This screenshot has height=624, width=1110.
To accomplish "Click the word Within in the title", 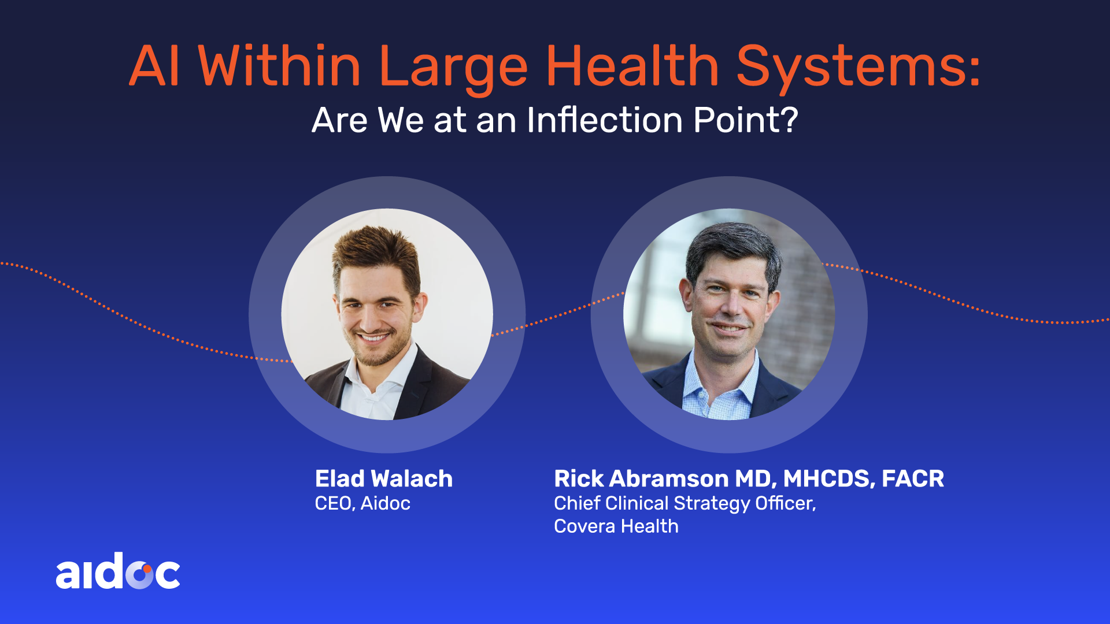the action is point(280,66).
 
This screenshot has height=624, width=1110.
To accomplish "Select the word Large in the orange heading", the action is point(453,70).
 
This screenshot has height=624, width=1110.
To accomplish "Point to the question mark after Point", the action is point(788,120).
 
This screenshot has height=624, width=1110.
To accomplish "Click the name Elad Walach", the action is point(384,478).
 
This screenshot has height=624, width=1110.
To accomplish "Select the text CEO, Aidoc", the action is point(362,503).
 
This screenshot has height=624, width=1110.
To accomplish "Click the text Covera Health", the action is point(616,526).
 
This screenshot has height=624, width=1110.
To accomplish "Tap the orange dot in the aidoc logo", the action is point(147,569).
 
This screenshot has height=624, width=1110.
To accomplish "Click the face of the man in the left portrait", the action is point(376,315).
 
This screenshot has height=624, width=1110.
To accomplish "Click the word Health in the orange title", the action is point(632,66).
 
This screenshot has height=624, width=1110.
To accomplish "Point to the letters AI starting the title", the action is point(154,66).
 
